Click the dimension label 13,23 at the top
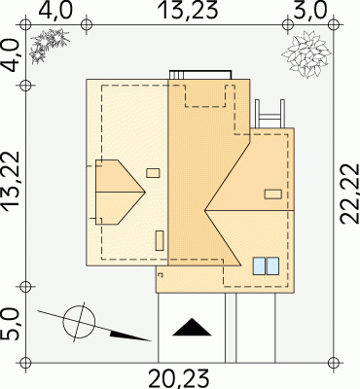pos(189,11)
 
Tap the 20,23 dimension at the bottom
pos(178,379)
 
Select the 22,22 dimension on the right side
pos(349,194)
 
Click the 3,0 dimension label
pos(308,11)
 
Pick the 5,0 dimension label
pos(11,324)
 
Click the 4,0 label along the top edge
pos(55,11)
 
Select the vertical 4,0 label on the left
pos(11,55)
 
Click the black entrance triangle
pos(192,327)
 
